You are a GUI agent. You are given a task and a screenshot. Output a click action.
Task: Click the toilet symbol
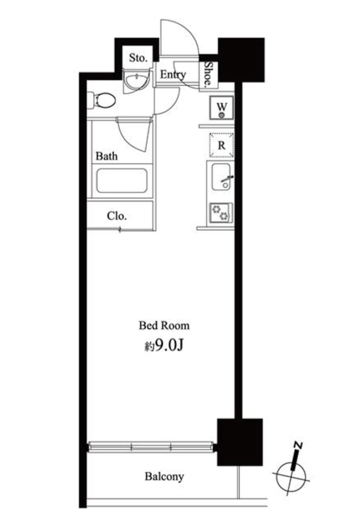(x=102, y=100)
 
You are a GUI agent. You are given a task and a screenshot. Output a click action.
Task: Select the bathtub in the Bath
(x=122, y=181)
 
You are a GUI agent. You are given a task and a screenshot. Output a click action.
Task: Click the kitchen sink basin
(x=221, y=177)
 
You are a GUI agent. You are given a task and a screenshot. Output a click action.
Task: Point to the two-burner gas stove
(x=221, y=213)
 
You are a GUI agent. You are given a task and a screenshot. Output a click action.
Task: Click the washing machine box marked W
(x=221, y=108)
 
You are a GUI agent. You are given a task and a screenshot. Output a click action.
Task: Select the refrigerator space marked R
(x=221, y=145)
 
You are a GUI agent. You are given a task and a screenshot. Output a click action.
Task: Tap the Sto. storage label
(x=138, y=58)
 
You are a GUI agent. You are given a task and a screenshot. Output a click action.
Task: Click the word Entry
(x=172, y=74)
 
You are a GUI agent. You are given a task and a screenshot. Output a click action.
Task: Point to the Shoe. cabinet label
(x=208, y=74)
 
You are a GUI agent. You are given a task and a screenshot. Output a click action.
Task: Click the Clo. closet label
(x=117, y=216)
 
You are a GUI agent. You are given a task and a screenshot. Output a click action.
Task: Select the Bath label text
(x=106, y=156)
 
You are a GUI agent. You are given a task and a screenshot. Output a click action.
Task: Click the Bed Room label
(x=164, y=325)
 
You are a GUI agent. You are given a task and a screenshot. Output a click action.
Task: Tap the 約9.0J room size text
(x=164, y=346)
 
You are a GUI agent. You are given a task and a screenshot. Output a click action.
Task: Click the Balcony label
(x=164, y=476)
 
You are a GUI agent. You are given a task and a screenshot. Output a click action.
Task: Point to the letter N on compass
(x=298, y=446)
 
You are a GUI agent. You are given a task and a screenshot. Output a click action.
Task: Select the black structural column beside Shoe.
(x=241, y=60)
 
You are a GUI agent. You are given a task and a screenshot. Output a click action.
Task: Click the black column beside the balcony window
(x=239, y=442)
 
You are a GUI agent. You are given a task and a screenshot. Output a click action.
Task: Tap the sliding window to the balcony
(x=151, y=447)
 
